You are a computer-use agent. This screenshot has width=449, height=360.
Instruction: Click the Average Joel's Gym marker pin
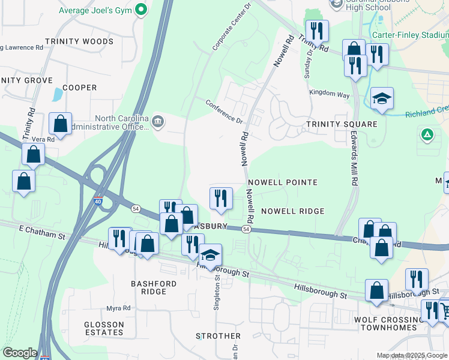pos(141,10)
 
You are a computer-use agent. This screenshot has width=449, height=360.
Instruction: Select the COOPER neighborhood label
pos(79,88)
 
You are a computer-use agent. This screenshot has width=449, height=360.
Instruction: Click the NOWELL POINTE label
pos(282,182)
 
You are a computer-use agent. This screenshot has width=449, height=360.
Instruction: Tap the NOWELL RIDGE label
pos(292,211)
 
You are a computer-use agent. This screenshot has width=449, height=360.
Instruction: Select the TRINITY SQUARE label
pos(342,124)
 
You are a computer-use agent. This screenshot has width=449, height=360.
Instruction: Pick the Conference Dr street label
pos(224,111)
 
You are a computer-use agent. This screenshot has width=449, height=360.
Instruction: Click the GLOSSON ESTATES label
pos(104,328)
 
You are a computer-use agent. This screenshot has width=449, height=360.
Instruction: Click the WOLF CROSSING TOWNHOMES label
pos(394,323)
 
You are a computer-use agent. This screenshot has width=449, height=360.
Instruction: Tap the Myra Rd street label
pos(118,308)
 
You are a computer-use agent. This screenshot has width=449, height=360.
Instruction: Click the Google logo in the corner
pos(20,353)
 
